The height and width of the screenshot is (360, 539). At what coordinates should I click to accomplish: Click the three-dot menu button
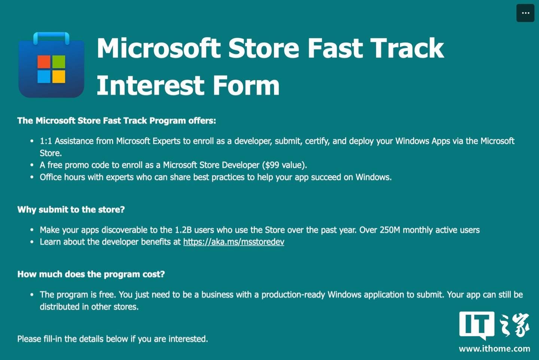click(x=525, y=13)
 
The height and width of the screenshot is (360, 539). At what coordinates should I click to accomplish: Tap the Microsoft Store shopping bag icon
click(x=51, y=65)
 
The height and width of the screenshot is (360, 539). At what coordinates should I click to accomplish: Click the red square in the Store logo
click(x=44, y=62)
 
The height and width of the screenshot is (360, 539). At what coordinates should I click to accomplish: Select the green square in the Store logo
click(x=59, y=62)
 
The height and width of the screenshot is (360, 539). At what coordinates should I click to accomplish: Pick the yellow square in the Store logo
click(x=59, y=76)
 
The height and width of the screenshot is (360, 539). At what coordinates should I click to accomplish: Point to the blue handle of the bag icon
click(x=51, y=36)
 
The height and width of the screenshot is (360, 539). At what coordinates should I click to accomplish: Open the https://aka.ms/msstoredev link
click(x=234, y=242)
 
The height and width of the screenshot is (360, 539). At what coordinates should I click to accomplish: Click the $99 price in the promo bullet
click(x=272, y=165)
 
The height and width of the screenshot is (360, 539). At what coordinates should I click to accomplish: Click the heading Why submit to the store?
click(x=71, y=210)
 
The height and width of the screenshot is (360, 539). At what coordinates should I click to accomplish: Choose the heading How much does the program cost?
click(x=91, y=274)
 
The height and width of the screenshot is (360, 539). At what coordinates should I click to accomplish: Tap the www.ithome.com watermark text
click(x=494, y=349)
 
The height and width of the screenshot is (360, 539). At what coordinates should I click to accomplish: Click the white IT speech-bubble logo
click(x=477, y=325)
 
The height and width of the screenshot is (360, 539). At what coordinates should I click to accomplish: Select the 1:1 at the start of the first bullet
click(x=46, y=141)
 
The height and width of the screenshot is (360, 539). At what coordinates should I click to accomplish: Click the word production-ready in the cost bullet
click(x=293, y=295)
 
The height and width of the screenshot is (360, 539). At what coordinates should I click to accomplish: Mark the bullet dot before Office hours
click(x=32, y=177)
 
